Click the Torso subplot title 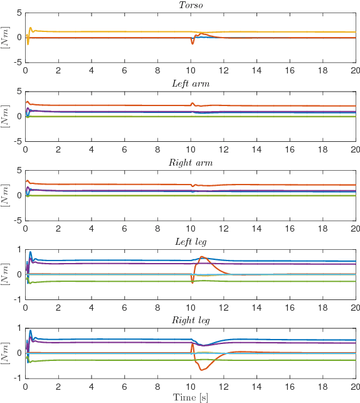pos(190,5)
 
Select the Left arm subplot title pos(190,83)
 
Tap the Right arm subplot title pos(190,163)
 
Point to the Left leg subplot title pos(190,242)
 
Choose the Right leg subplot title pos(190,321)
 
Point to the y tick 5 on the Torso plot pos(19,13)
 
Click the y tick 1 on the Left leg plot pos(19,249)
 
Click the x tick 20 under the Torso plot pos(354,70)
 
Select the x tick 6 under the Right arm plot pos(124,228)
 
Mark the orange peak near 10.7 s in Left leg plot pos(202,257)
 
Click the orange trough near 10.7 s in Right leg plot pos(202,370)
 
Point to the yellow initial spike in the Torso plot pos(30,28)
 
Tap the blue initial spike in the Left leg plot pos(30,252)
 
